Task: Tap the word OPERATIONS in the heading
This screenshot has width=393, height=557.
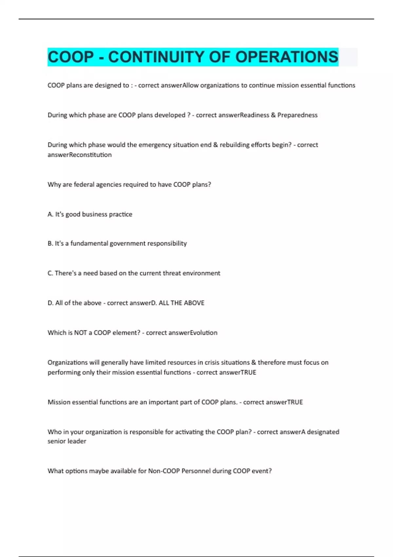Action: point(287,57)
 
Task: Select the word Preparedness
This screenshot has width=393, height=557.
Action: point(297,115)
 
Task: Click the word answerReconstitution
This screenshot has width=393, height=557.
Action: point(80,155)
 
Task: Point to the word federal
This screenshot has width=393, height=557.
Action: point(84,184)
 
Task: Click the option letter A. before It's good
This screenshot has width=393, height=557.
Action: point(50,214)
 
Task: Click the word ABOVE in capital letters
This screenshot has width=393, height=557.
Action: point(194,303)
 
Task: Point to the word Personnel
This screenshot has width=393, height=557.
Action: point(196,471)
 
